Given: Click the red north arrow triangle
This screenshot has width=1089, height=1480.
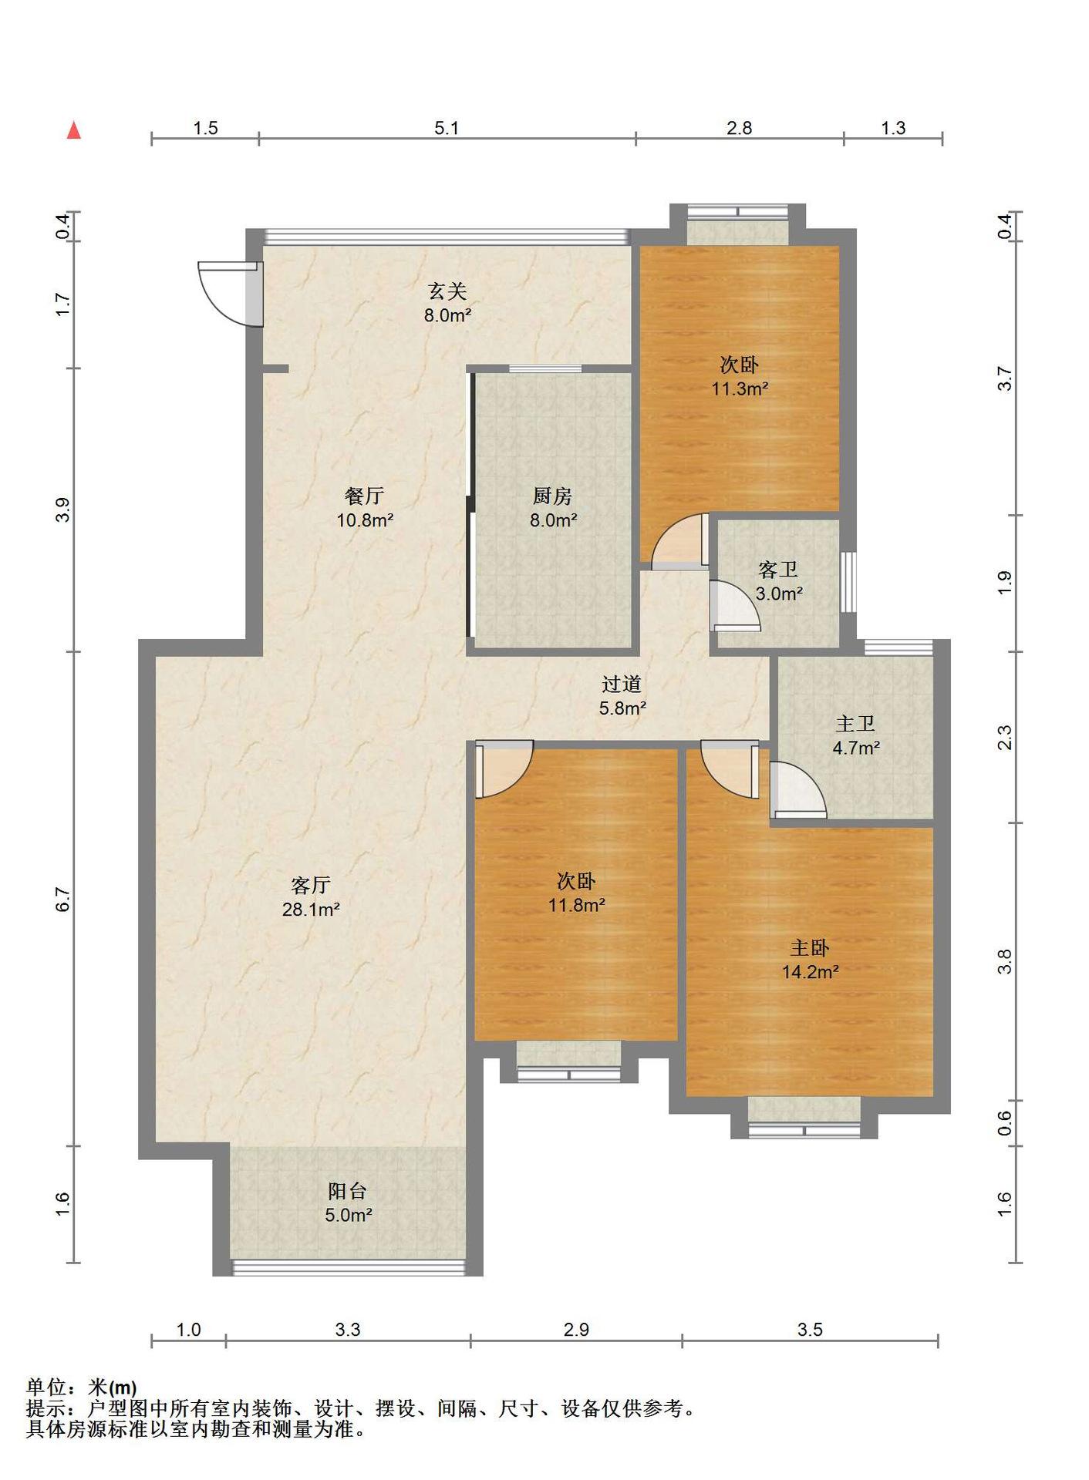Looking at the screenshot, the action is (x=74, y=130).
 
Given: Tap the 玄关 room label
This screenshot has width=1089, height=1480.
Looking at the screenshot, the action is (x=447, y=291).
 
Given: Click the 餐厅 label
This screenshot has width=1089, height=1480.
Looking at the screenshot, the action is (x=365, y=496).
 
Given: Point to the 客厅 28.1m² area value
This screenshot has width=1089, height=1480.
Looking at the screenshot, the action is (x=311, y=910).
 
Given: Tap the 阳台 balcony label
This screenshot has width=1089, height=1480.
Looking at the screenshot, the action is (x=347, y=1191).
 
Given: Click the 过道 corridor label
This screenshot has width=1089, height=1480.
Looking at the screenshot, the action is (x=622, y=684).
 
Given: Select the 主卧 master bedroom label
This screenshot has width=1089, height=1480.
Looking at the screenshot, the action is (x=809, y=948).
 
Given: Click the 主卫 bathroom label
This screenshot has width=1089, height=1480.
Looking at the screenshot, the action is (x=855, y=724).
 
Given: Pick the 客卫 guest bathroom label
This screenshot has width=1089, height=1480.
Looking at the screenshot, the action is (x=778, y=570).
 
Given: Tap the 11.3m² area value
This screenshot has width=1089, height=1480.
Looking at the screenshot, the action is (x=740, y=388).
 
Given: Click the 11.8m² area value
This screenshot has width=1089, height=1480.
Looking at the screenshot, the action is (x=576, y=905).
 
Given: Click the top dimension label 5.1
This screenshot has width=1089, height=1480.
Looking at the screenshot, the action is (x=447, y=128).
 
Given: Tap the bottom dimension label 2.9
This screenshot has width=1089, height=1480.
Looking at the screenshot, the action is (x=576, y=1330).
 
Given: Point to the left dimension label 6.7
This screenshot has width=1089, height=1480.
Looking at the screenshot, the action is (x=63, y=900).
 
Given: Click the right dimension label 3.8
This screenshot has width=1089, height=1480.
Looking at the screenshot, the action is (x=1004, y=961).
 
